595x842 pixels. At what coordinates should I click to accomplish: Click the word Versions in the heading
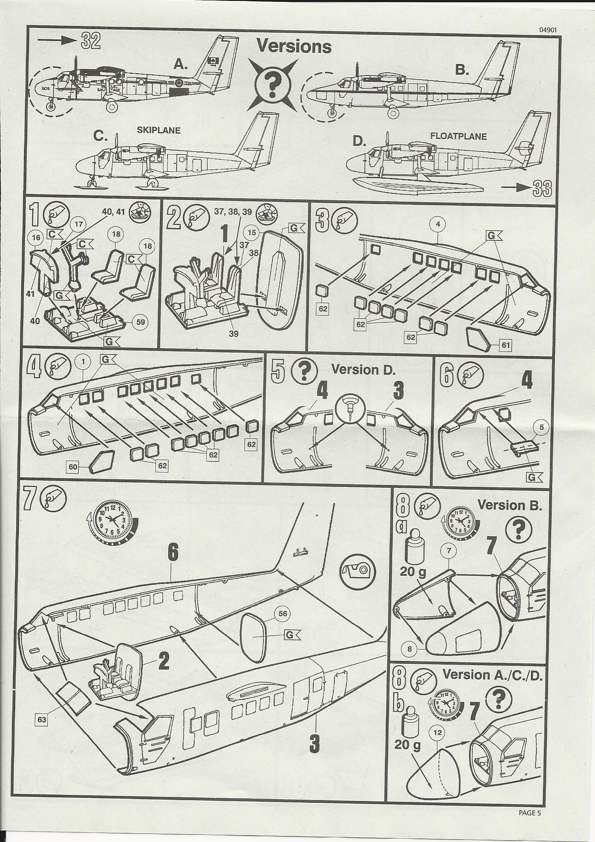(x=294, y=46)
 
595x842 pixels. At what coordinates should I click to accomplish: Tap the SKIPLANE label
(x=159, y=130)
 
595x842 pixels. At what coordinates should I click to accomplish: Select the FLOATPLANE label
(x=458, y=136)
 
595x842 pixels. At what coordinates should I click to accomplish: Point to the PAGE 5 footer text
(x=530, y=813)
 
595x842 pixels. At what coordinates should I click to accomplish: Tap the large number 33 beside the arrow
(x=543, y=188)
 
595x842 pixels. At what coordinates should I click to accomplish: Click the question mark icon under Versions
(x=272, y=84)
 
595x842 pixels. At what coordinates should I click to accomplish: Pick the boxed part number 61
(x=506, y=344)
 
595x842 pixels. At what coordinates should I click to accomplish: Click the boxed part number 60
(x=73, y=467)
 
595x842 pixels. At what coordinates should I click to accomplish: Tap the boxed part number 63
(x=42, y=719)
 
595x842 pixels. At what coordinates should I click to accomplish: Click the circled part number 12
(x=438, y=732)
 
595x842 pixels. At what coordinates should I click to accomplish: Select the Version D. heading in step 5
(x=363, y=369)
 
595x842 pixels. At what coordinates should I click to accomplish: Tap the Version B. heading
(x=509, y=505)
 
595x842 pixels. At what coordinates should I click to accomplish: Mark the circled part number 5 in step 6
(x=542, y=427)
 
